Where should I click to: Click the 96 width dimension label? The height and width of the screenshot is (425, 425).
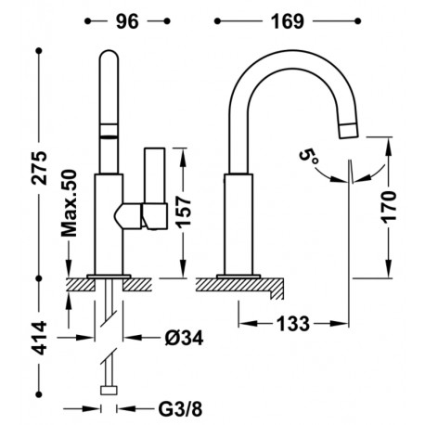coord(127,21)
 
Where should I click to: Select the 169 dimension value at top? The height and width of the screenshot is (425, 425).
coord(288,21)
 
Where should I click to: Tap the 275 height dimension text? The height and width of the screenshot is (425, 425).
coord(40,168)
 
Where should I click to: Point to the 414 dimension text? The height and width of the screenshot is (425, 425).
coord(40,338)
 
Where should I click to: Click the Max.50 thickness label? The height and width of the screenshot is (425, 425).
coord(69,203)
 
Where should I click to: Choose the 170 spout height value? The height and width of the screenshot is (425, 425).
coord(389,207)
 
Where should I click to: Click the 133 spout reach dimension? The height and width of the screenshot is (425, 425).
coord(292,324)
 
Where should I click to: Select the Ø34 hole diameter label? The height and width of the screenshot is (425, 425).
coord(184,338)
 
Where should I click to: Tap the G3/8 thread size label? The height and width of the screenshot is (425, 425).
coord(180,409)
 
